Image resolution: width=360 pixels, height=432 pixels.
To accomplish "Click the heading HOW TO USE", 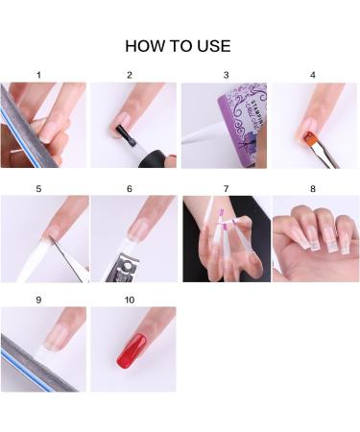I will [x=179, y=45].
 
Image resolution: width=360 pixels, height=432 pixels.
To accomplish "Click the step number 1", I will [x=38, y=74].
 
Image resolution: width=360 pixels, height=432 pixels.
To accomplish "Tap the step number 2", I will [x=130, y=74].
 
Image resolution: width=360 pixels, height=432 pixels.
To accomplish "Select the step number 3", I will [x=226, y=74].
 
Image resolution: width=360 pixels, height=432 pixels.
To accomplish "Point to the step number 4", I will [x=313, y=74].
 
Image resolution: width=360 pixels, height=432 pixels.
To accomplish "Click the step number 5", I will [x=38, y=188].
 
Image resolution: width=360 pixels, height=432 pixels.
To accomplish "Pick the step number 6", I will [x=130, y=188].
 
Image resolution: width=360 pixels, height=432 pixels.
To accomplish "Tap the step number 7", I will [x=226, y=188].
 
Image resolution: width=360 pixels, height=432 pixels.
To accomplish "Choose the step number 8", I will [x=313, y=188].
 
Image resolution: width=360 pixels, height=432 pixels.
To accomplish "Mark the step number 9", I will [x=38, y=300].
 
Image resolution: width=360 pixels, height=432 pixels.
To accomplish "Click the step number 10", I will [x=130, y=300].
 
